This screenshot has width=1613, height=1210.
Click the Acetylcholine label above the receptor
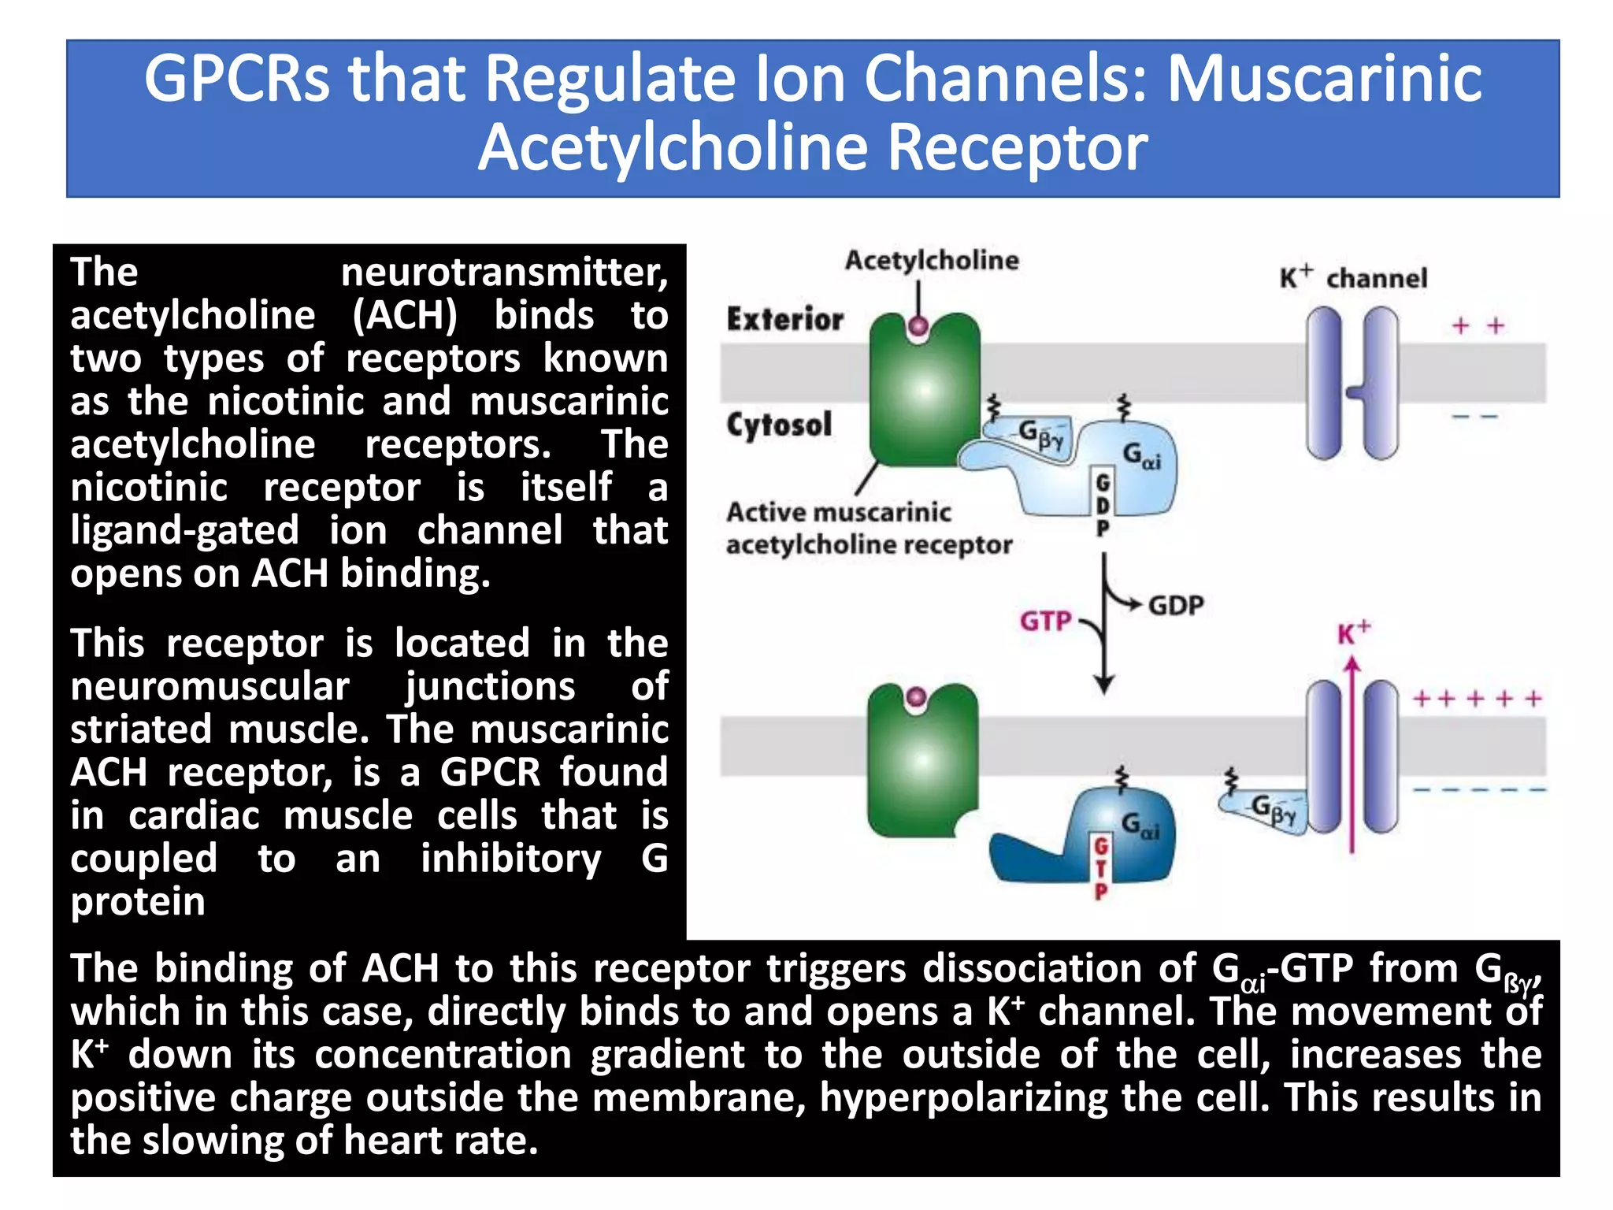click(x=932, y=260)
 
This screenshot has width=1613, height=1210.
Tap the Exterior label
click(x=784, y=319)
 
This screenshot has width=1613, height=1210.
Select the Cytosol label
click(x=779, y=425)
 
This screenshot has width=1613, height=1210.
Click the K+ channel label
click(x=1352, y=277)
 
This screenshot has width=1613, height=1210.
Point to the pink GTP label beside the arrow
click(x=1045, y=621)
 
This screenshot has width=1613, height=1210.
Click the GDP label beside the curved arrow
click(x=1176, y=606)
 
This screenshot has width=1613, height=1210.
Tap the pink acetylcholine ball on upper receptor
click(x=918, y=325)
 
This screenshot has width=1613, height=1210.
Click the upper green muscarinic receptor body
click(x=924, y=394)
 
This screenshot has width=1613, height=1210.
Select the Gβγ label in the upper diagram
click(x=1040, y=434)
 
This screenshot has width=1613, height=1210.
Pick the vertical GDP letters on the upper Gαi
click(x=1103, y=504)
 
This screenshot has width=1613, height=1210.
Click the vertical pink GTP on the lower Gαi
click(x=1101, y=868)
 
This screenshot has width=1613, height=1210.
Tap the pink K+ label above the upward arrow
click(x=1353, y=633)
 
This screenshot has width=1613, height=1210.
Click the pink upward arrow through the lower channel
click(x=1352, y=756)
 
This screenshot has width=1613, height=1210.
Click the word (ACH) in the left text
click(x=405, y=316)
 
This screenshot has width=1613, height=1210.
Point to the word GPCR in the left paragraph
click(x=490, y=772)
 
